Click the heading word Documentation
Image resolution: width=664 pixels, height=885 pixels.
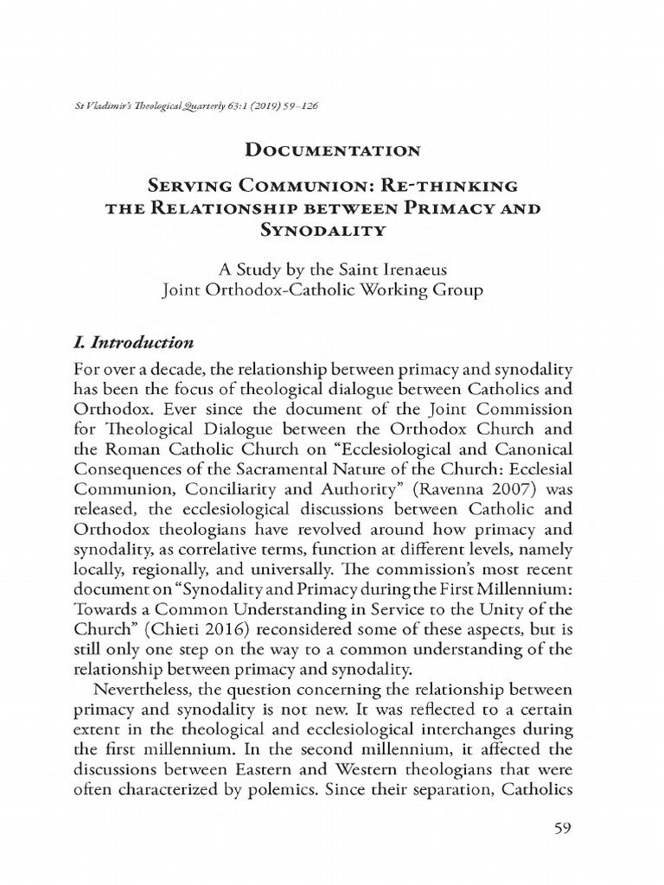click(333, 151)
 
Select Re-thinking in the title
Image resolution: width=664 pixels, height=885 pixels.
click(456, 186)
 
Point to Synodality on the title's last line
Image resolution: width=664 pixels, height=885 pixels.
click(333, 230)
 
